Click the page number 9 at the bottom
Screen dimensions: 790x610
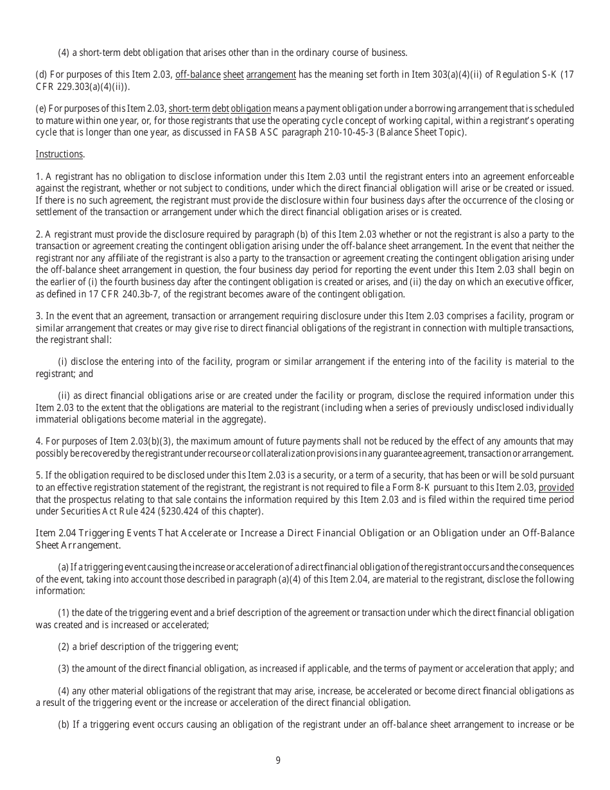[x=278, y=760]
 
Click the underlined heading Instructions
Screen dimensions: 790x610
[x=59, y=154]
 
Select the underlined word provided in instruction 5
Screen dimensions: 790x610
[x=556, y=487]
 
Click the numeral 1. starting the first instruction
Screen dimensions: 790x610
[x=39, y=176]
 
